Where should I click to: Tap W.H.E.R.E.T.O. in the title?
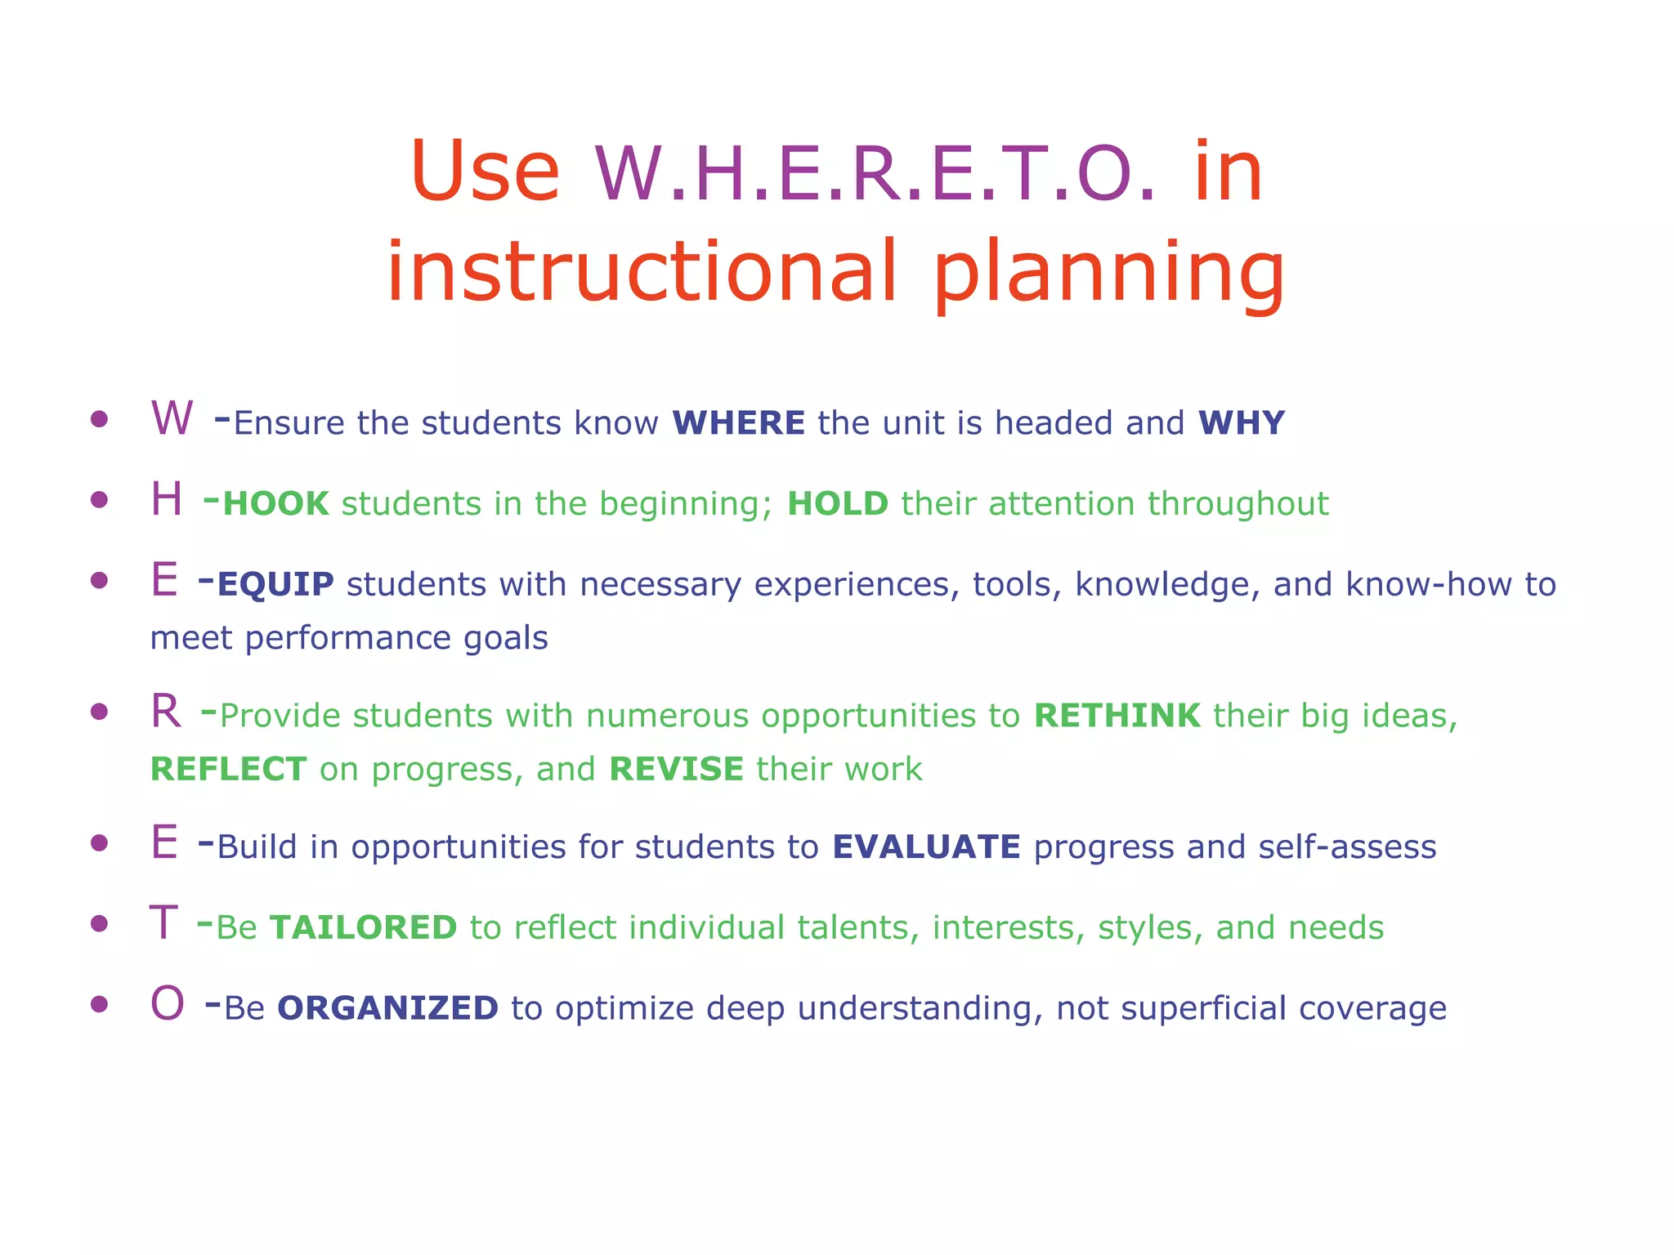(x=875, y=173)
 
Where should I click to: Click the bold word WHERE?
(x=739, y=423)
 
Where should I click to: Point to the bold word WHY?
(x=1242, y=423)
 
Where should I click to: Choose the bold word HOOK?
(x=276, y=504)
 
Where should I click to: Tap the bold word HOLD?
(x=838, y=504)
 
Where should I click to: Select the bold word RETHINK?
(x=1117, y=716)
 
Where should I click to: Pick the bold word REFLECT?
(x=229, y=770)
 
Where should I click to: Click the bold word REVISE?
(x=677, y=770)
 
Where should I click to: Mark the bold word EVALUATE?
(x=927, y=847)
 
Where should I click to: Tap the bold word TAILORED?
(x=364, y=928)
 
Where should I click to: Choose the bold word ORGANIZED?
(x=388, y=1008)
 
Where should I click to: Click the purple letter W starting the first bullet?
(x=172, y=418)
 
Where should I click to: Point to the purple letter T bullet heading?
(x=163, y=923)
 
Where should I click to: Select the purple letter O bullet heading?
(x=168, y=1003)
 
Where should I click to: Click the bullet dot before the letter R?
(x=100, y=712)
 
